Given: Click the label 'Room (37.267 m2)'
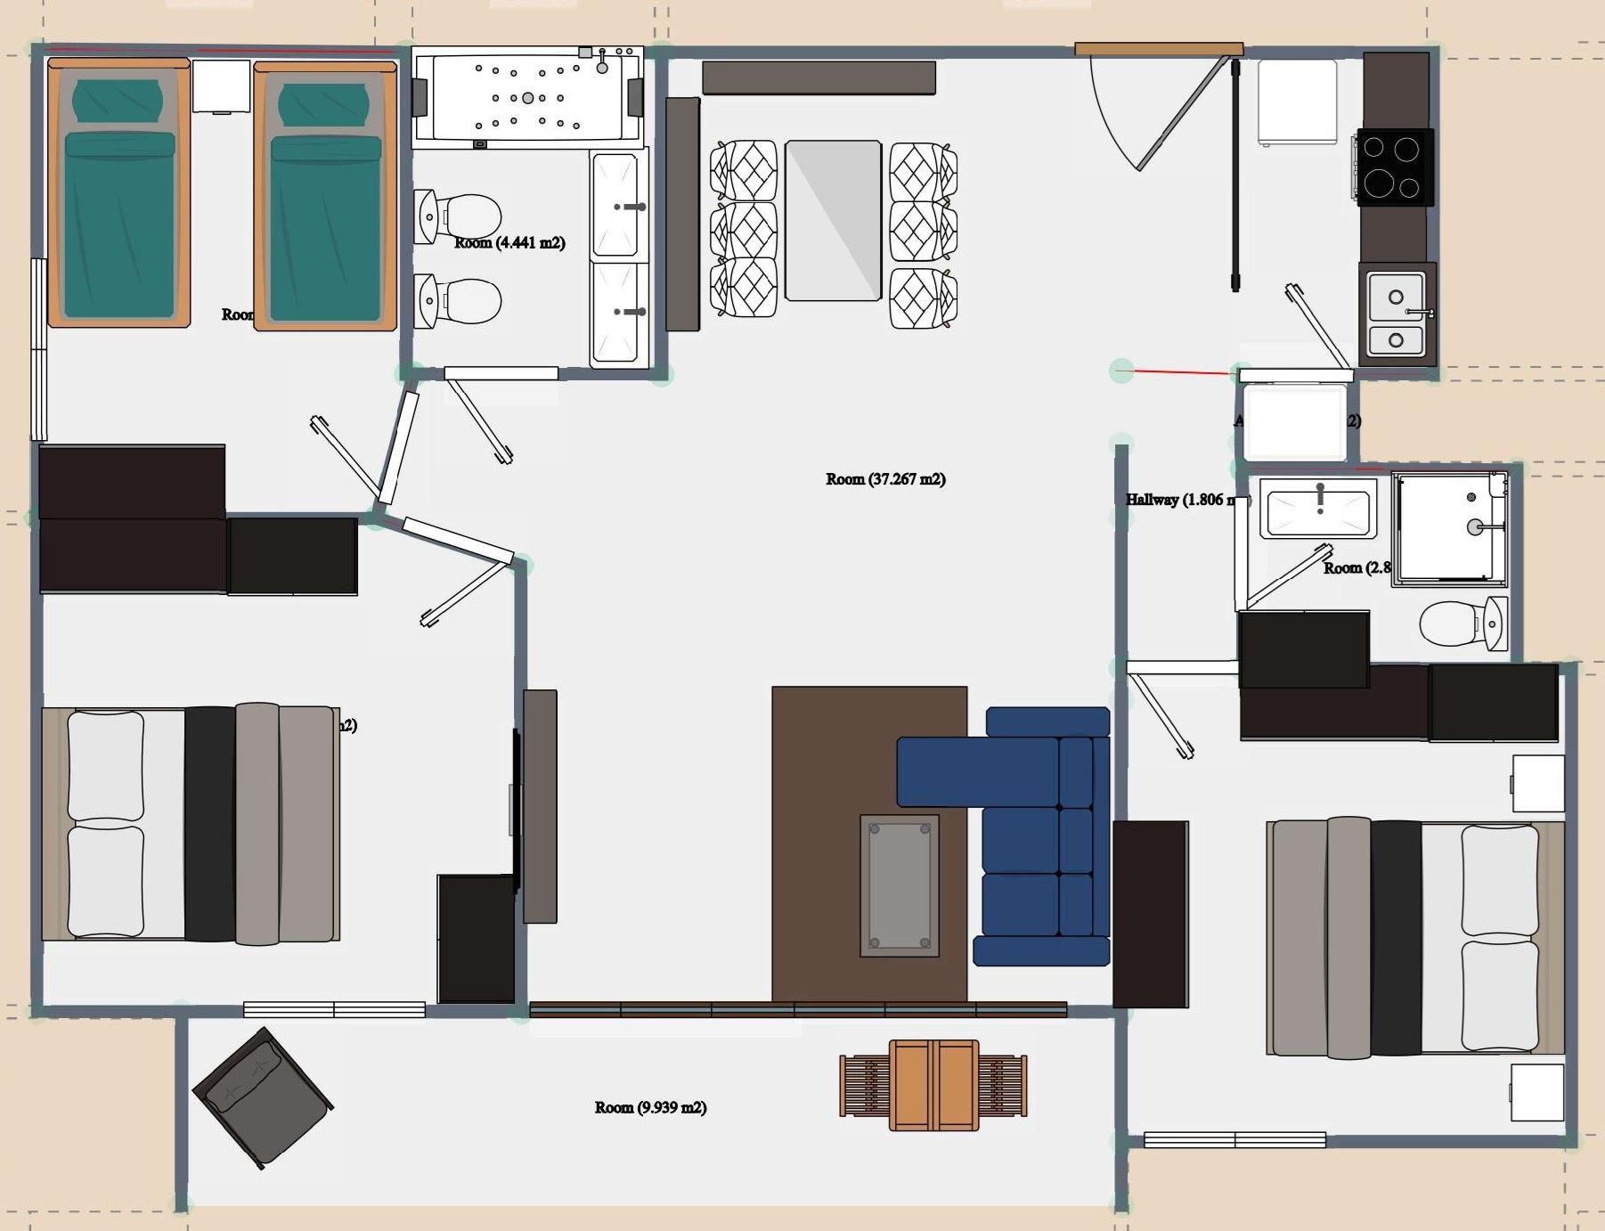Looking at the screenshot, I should [885, 479].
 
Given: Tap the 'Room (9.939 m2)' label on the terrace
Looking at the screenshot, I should [650, 1107].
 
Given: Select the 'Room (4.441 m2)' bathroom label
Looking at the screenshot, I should [509, 242].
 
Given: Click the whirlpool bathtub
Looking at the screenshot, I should [527, 97].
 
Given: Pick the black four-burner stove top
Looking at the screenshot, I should [1394, 167].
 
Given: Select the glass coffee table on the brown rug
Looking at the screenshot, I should [899, 885].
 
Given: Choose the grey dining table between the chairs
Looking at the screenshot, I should [833, 220].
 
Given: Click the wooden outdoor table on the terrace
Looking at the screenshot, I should [933, 1084].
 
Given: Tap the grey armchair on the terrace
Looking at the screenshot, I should [262, 1097].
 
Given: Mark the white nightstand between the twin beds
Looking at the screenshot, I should [221, 86].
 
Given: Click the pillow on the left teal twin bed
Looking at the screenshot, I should [118, 101].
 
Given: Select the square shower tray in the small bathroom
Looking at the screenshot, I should [1448, 528].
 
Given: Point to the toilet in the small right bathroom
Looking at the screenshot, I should [1461, 623].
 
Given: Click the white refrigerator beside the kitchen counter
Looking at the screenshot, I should [1297, 102].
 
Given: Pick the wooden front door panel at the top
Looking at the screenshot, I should [1159, 49].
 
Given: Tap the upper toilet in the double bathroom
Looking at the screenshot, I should [459, 216].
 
